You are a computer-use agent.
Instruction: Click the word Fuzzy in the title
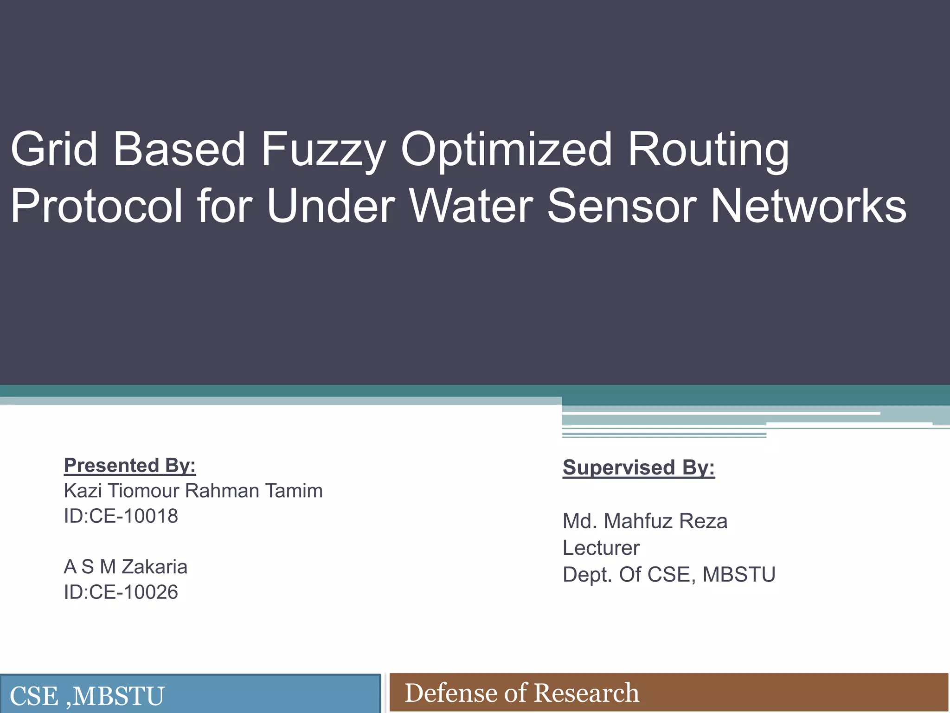(x=323, y=149)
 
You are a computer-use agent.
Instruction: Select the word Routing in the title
(x=708, y=149)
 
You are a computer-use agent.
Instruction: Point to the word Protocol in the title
(x=96, y=206)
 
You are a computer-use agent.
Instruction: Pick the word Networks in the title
(x=808, y=206)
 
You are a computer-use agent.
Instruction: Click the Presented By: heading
(x=130, y=465)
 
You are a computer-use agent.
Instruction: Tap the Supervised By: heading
(x=639, y=467)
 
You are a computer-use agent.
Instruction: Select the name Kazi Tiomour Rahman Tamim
(x=193, y=491)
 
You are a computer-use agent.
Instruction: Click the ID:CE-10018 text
(x=121, y=516)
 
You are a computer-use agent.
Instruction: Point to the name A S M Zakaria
(x=126, y=567)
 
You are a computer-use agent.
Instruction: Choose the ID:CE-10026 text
(x=121, y=592)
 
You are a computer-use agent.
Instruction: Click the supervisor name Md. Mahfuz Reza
(x=645, y=521)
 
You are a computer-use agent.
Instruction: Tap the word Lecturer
(x=601, y=548)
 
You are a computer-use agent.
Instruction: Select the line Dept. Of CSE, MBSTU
(x=669, y=575)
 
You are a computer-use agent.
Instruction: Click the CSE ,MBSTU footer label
(x=87, y=696)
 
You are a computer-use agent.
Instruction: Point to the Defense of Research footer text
(x=522, y=693)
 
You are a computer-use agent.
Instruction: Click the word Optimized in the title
(x=506, y=149)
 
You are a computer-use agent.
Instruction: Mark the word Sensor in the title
(x=622, y=206)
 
